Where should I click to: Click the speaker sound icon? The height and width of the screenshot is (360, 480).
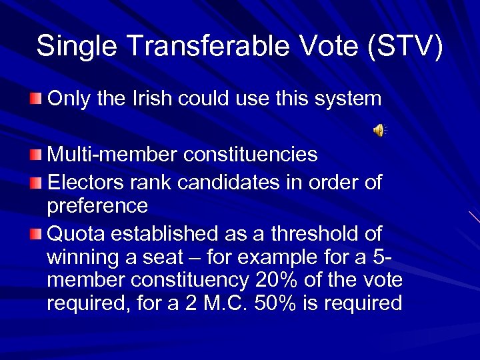378,131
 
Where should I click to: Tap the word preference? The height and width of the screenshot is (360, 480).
97,206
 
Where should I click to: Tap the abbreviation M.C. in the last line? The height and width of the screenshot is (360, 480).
227,303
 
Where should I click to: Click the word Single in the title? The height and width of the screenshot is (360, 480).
73,46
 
